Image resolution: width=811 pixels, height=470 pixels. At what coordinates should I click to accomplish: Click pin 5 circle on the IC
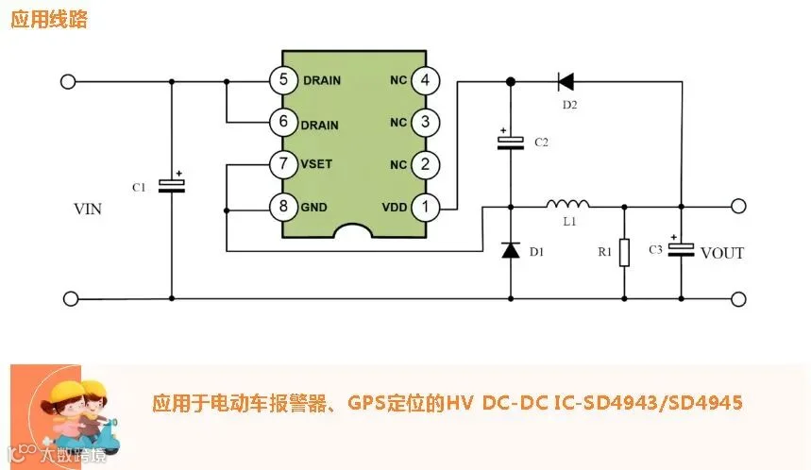pyautogui.click(x=283, y=79)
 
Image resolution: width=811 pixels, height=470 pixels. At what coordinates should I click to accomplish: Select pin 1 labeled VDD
pyautogui.click(x=425, y=208)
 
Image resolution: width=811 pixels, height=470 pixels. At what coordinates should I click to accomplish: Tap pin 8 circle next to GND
pyautogui.click(x=283, y=207)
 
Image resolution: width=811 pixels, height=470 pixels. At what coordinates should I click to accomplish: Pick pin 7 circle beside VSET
pyautogui.click(x=283, y=164)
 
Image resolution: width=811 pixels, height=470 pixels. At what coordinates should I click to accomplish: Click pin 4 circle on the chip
pyautogui.click(x=425, y=80)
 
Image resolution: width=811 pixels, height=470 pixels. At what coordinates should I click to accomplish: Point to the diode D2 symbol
pyautogui.click(x=566, y=81)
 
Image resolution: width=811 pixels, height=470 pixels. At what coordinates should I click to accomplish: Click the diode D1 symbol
pyautogui.click(x=511, y=250)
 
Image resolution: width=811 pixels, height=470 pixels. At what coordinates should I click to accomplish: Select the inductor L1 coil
pyautogui.click(x=567, y=204)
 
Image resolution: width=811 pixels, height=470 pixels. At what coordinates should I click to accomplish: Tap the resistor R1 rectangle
pyautogui.click(x=624, y=252)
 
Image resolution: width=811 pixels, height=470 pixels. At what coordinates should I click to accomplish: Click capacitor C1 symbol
pyautogui.click(x=172, y=185)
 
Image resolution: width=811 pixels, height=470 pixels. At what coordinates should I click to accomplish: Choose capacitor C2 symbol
pyautogui.click(x=511, y=142)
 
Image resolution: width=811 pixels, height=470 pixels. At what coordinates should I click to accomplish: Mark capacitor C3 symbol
pyautogui.click(x=681, y=249)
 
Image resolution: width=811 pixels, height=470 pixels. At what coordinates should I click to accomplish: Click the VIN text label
pyautogui.click(x=88, y=209)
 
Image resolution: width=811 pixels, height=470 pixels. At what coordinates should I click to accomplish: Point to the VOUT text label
pyautogui.click(x=722, y=253)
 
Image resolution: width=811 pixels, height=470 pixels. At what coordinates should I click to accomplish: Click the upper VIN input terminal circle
pyautogui.click(x=68, y=82)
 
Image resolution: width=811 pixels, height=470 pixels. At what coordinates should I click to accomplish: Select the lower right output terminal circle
pyautogui.click(x=738, y=299)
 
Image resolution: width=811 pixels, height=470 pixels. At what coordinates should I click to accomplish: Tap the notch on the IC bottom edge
pyautogui.click(x=353, y=231)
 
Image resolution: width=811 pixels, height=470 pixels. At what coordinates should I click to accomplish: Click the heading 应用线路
pyautogui.click(x=49, y=19)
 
